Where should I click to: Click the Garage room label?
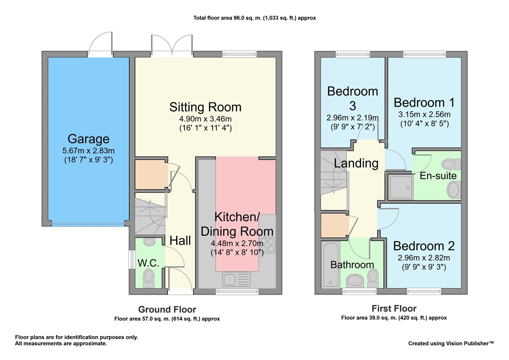(x=88, y=139)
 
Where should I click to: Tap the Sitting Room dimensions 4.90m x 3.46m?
(x=206, y=119)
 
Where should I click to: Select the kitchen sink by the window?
(x=237, y=279)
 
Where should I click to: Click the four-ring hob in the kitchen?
(x=267, y=245)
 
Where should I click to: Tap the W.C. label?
(x=148, y=263)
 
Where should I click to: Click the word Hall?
(x=180, y=241)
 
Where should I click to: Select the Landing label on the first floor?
(x=356, y=163)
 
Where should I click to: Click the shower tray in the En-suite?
(x=400, y=187)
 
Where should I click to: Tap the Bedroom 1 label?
(x=424, y=103)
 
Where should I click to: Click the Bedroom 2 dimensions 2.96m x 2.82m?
(x=424, y=258)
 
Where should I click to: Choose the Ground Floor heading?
(x=167, y=310)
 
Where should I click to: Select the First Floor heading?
(x=394, y=309)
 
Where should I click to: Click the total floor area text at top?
(x=254, y=18)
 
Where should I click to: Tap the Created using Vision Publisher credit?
(x=451, y=343)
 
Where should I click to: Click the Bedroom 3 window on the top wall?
(x=353, y=54)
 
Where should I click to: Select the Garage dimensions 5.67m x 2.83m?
(x=88, y=151)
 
